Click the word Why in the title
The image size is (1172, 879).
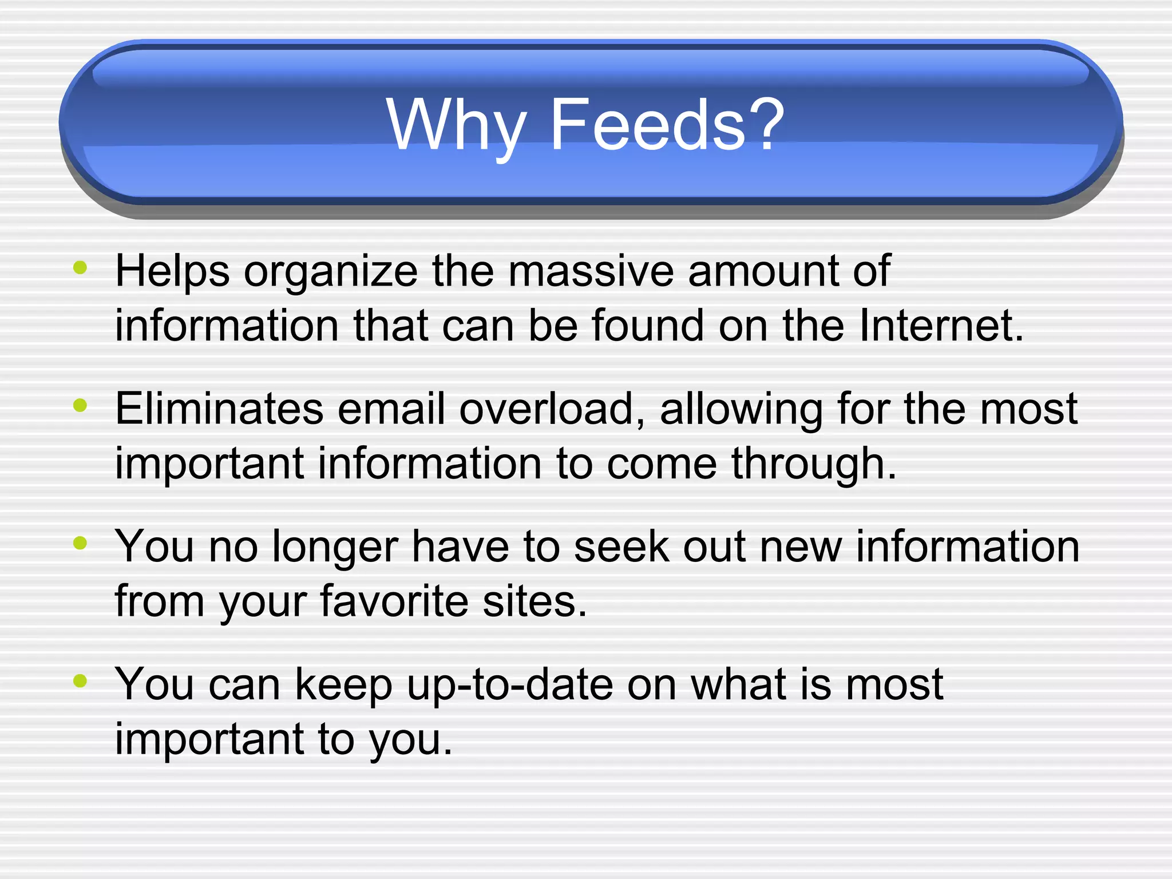[456, 125]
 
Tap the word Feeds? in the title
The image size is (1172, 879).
[667, 125]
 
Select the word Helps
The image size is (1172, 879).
[172, 271]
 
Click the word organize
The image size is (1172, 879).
[331, 271]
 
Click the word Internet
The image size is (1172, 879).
[941, 325]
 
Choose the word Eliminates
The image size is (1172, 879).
[219, 409]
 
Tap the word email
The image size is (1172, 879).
[391, 409]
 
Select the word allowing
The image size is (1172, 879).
[741, 410]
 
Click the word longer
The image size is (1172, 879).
[334, 547]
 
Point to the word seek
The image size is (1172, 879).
[621, 547]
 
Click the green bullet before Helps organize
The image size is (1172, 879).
[80, 267]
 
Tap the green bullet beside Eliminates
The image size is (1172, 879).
[80, 405]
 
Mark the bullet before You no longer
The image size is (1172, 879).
[80, 543]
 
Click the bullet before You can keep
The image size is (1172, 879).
[80, 680]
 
